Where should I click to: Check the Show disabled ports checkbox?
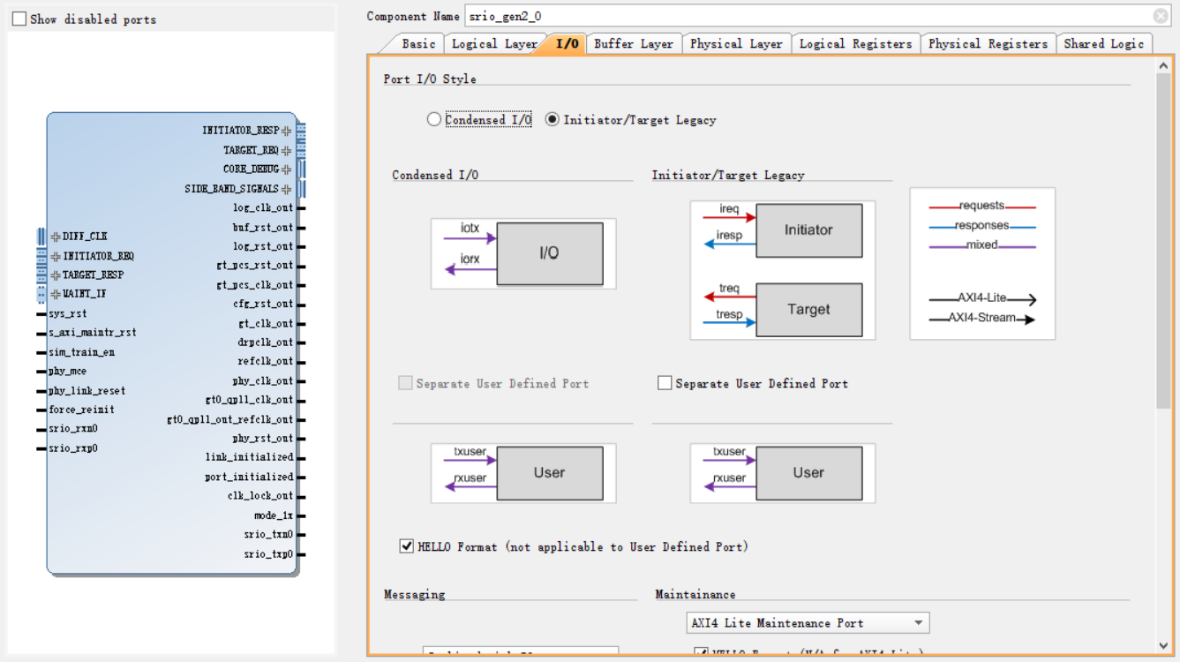pyautogui.click(x=19, y=19)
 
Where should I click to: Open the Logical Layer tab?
pyautogui.click(x=493, y=43)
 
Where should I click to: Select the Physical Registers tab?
pyautogui.click(x=988, y=43)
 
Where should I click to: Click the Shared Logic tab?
pyautogui.click(x=1103, y=43)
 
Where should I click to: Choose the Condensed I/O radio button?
pyautogui.click(x=434, y=119)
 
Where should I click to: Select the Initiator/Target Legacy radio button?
pyautogui.click(x=552, y=119)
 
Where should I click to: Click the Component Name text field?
pyautogui.click(x=794, y=16)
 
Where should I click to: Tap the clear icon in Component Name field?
pyautogui.click(x=1161, y=16)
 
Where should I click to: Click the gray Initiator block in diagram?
pyautogui.click(x=808, y=230)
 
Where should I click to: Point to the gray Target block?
pyautogui.click(x=808, y=310)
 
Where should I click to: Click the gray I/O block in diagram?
pyautogui.click(x=549, y=253)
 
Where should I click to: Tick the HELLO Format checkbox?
pyautogui.click(x=407, y=546)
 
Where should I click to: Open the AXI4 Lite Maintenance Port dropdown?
pyautogui.click(x=808, y=623)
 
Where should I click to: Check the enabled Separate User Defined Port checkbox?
pyautogui.click(x=665, y=383)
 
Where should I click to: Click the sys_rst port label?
pyautogui.click(x=68, y=313)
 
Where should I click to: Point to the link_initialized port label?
pyautogui.click(x=249, y=457)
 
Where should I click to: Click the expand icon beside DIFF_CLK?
pyautogui.click(x=56, y=237)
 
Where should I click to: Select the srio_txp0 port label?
pyautogui.click(x=268, y=554)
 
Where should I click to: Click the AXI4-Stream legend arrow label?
pyautogui.click(x=981, y=318)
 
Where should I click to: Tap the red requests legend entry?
pyautogui.click(x=981, y=206)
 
